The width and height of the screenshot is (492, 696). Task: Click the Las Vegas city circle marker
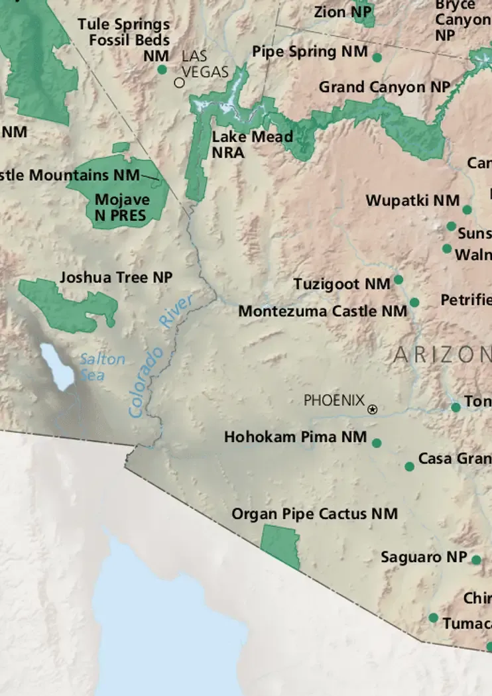pos(179,83)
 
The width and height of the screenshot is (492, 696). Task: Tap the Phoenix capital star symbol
pos(373,410)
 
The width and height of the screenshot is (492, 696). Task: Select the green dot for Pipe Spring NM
pos(377,58)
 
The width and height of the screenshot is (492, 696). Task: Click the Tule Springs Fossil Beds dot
pos(162,70)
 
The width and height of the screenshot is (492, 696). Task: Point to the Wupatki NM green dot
pos(467,210)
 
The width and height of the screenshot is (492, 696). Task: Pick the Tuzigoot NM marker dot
pos(399,280)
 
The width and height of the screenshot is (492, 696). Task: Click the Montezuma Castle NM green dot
pos(414,302)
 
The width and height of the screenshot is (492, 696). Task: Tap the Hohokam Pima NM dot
pos(377,443)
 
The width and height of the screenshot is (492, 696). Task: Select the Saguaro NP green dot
pos(476,560)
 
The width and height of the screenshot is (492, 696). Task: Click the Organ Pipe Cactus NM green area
pos(280,545)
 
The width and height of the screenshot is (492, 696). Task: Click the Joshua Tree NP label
pos(116,278)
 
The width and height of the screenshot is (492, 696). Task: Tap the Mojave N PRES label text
pos(122,207)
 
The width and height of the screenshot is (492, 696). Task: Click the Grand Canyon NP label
pos(384,87)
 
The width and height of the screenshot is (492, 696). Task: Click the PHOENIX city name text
pos(334,400)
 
